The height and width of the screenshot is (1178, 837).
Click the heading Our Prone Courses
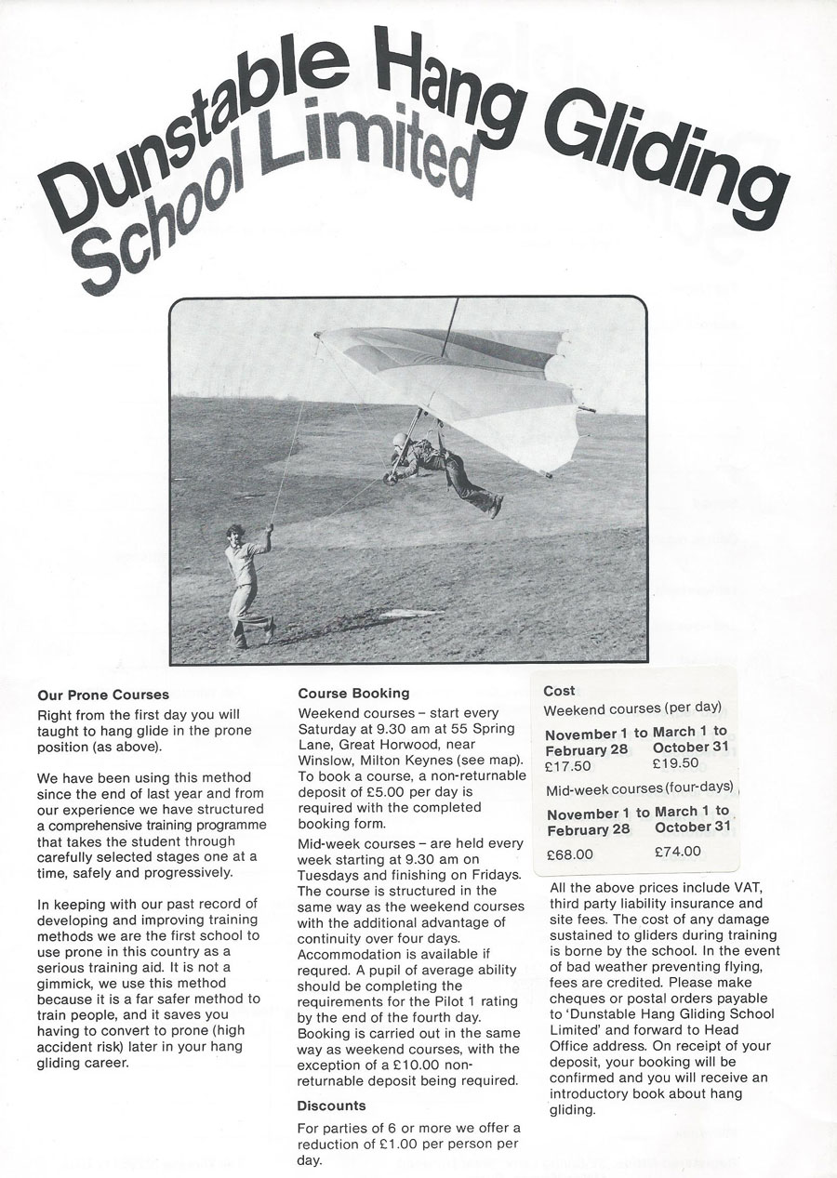pos(103,695)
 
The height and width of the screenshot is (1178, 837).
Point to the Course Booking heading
pos(353,694)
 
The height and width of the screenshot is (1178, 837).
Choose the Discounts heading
pos(331,1105)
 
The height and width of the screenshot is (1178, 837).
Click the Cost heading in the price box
pos(559,691)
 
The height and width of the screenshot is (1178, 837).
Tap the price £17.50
pos(569,766)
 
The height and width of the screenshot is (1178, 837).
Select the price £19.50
pos(676,762)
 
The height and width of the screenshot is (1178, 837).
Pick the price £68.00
pos(570,853)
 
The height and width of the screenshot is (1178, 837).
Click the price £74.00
pos(678,851)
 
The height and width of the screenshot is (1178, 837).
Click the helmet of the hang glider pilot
pos(401,440)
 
